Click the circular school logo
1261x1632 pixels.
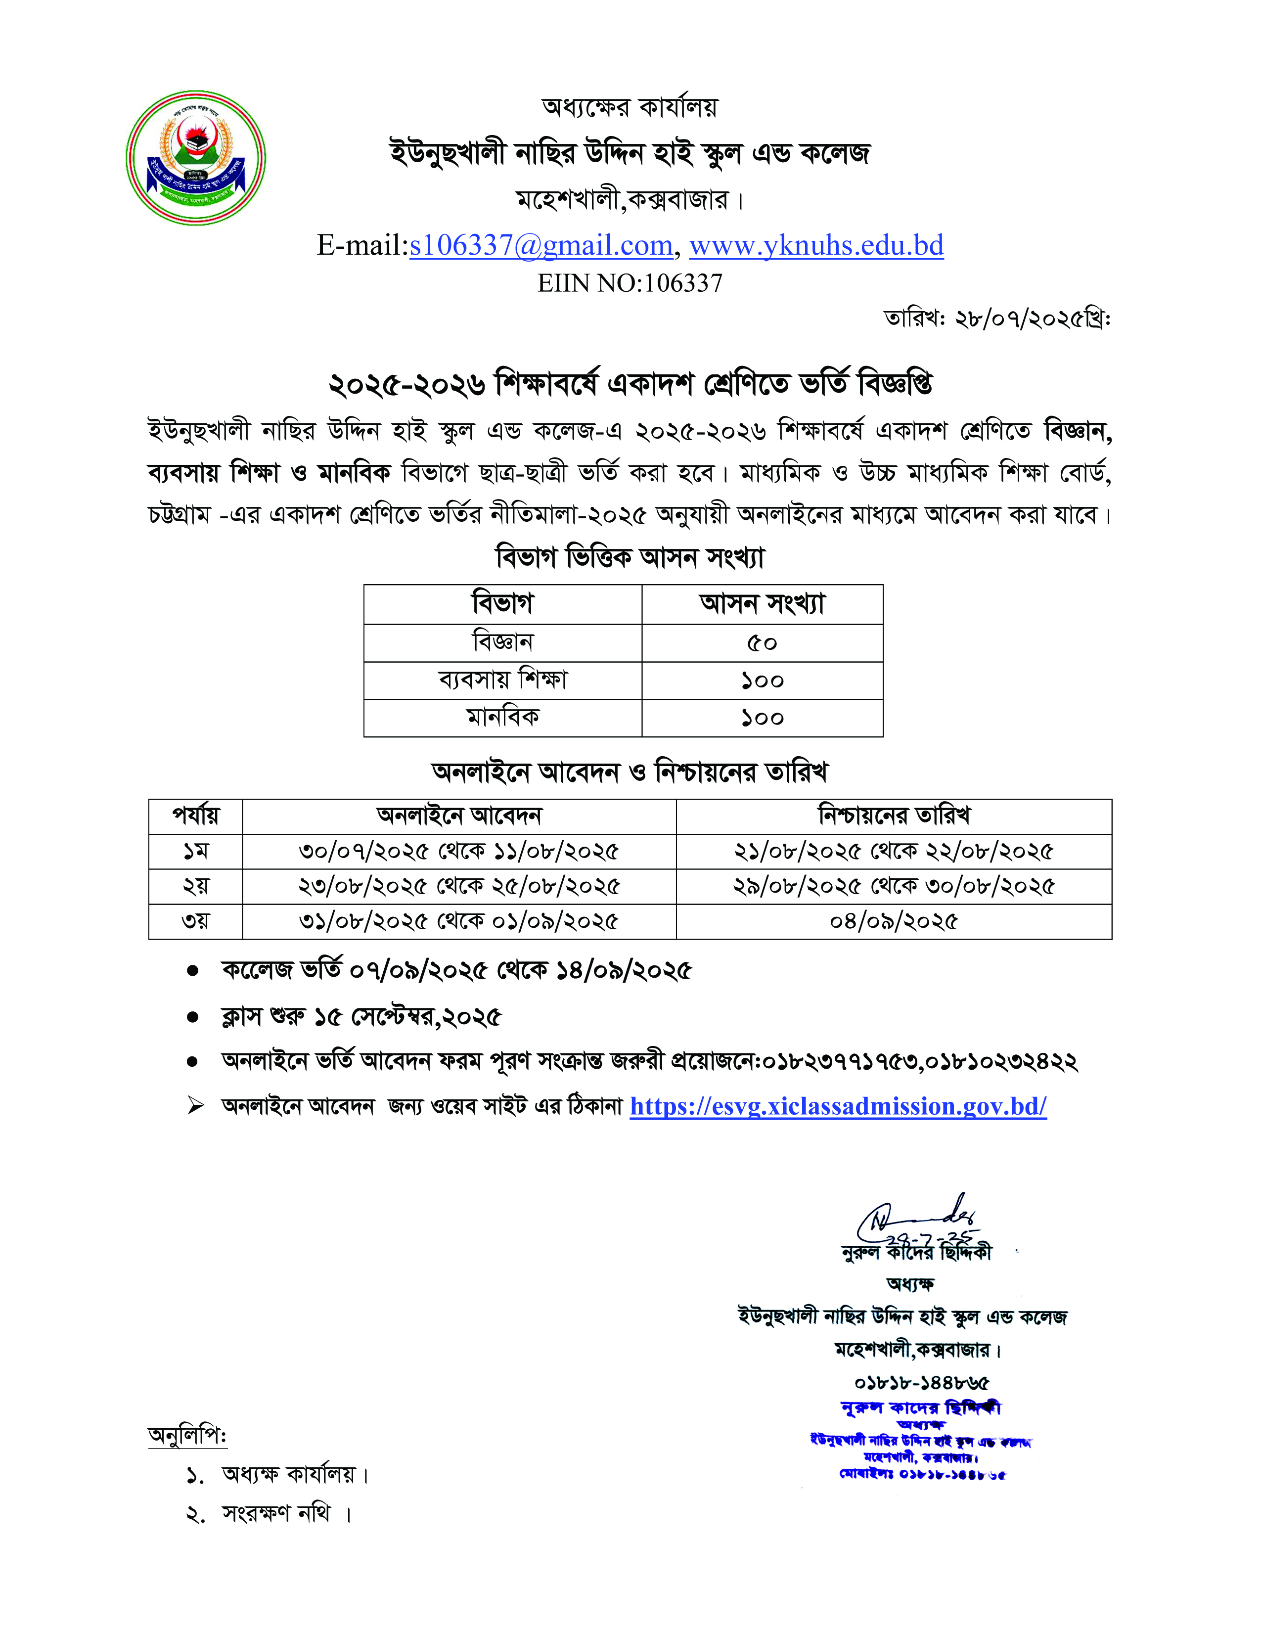(x=196, y=158)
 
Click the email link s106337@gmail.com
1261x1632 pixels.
(x=541, y=246)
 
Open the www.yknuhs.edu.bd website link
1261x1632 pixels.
(x=816, y=246)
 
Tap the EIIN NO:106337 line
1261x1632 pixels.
(x=630, y=283)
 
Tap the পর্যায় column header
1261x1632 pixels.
(x=196, y=815)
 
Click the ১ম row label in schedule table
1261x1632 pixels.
(x=196, y=851)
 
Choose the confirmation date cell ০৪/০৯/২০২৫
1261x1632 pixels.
(x=894, y=921)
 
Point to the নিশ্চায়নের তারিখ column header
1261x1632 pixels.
(x=894, y=815)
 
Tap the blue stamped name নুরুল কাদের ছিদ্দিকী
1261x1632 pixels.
(x=920, y=1408)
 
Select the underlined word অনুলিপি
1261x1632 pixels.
(x=187, y=1436)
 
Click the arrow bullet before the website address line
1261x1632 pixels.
(x=196, y=1106)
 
